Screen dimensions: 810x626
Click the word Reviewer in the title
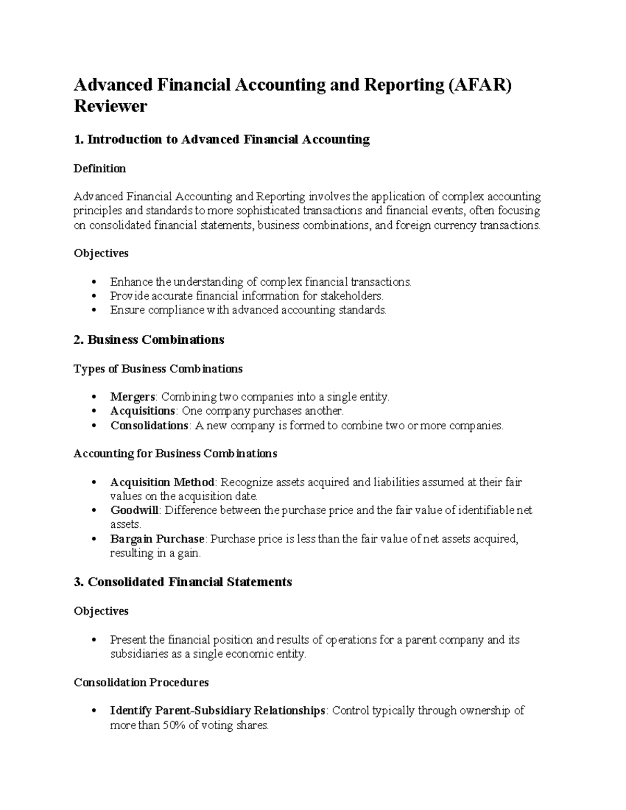pos(111,106)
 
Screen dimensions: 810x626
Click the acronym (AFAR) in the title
pos(479,84)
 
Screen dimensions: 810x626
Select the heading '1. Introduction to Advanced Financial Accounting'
pos(222,140)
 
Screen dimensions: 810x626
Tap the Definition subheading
pos(100,168)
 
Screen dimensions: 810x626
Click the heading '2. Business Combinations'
pos(149,340)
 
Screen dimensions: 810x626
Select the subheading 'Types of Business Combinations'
pos(158,369)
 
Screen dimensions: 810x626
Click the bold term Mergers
pos(133,397)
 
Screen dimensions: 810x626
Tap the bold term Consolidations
pos(149,425)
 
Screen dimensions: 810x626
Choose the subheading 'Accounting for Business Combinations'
pos(175,454)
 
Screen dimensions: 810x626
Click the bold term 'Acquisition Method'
pos(162,482)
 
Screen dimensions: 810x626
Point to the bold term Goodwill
pos(134,510)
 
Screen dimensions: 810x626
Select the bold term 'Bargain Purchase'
pos(157,539)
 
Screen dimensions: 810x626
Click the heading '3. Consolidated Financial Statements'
pos(183,582)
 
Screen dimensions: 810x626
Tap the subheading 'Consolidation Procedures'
pos(141,682)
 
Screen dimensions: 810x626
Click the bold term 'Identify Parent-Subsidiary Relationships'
pos(218,710)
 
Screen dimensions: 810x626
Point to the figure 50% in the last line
pos(173,725)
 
